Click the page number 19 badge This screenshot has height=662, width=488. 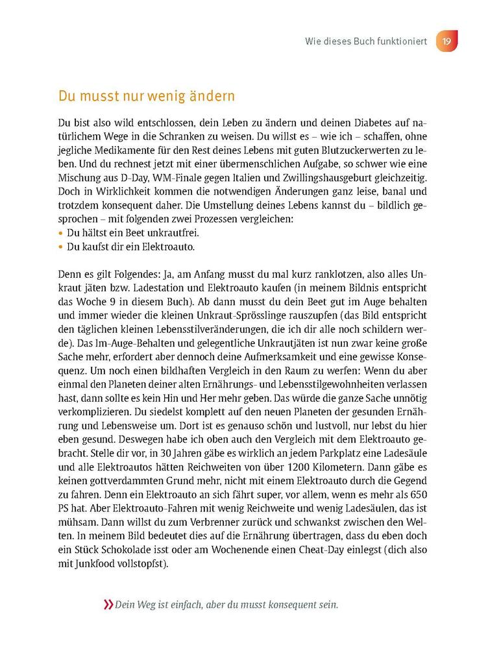click(446, 42)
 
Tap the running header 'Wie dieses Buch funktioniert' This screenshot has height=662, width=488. click(366, 42)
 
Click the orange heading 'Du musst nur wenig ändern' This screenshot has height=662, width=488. click(146, 97)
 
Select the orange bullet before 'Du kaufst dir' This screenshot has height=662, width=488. click(61, 247)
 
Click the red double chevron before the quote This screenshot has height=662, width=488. click(107, 605)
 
